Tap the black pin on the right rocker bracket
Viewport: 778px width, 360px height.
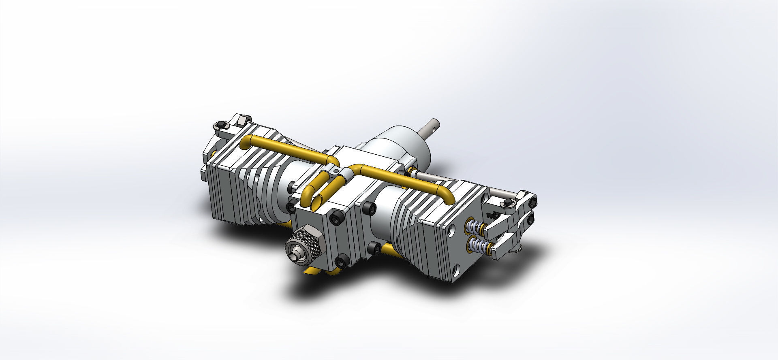click(506, 202)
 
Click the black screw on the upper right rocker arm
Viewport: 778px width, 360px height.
click(532, 201)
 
